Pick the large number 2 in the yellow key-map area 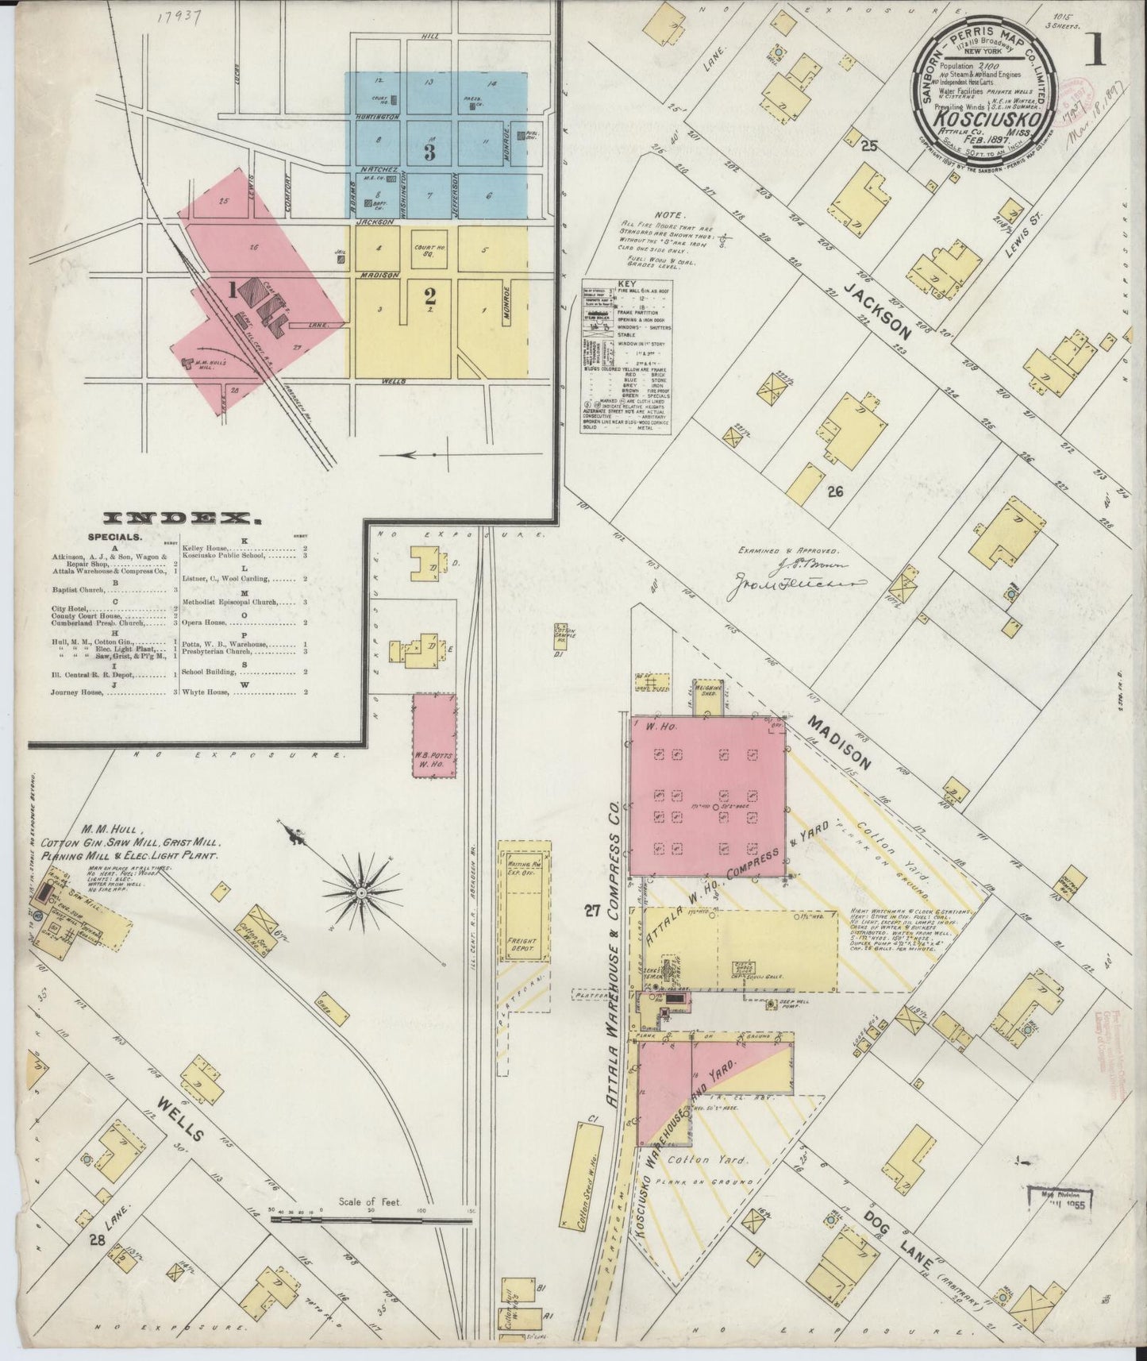click(x=429, y=297)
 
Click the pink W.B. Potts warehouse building click(x=433, y=735)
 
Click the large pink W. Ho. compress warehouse click(x=707, y=797)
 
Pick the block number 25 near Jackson click(x=869, y=145)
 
